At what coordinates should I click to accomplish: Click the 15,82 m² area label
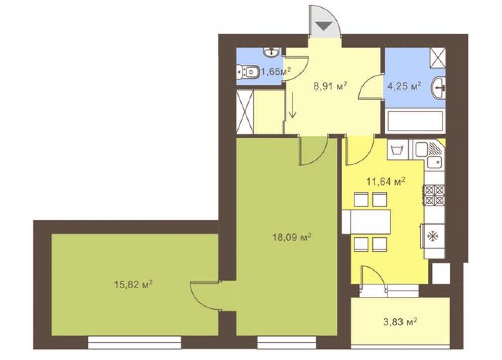[133, 284]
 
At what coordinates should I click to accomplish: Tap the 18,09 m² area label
[291, 237]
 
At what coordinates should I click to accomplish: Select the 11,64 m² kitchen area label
[386, 182]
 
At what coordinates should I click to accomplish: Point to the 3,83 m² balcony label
[400, 321]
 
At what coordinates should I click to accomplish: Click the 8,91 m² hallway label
[331, 86]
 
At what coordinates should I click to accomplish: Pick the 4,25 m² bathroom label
[404, 86]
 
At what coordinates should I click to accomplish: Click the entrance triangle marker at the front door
[324, 25]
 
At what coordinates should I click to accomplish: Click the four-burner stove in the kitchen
[434, 195]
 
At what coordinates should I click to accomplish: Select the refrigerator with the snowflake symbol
[433, 236]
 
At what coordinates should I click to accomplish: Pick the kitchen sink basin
[435, 162]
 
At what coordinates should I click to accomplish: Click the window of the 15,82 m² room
[135, 342]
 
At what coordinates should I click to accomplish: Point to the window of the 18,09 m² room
[287, 342]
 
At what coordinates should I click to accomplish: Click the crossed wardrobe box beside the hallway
[245, 112]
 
